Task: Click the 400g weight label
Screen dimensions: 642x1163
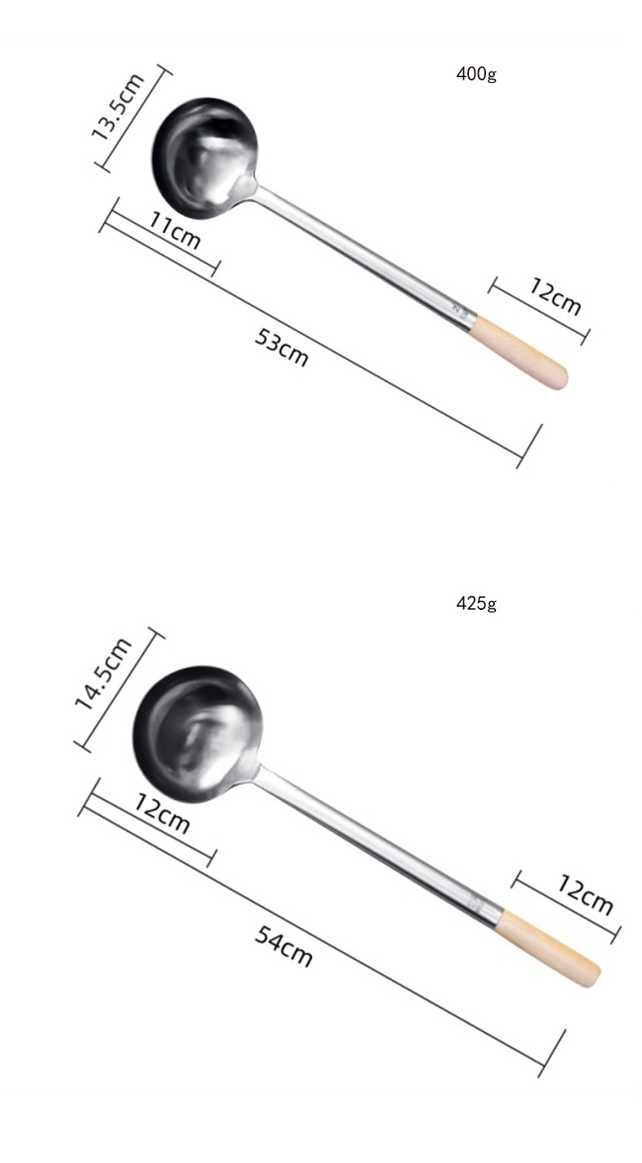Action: pos(476,74)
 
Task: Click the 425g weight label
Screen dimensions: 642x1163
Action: pos(476,603)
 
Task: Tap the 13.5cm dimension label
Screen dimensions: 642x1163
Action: pos(117,107)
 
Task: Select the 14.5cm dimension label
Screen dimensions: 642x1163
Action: pos(103,673)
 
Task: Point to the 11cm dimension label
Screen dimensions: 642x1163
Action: pos(175,231)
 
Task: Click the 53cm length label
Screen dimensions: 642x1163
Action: pos(281,348)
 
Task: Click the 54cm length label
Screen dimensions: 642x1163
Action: pos(284,946)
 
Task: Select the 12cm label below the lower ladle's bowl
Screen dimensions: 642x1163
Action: pos(162,813)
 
